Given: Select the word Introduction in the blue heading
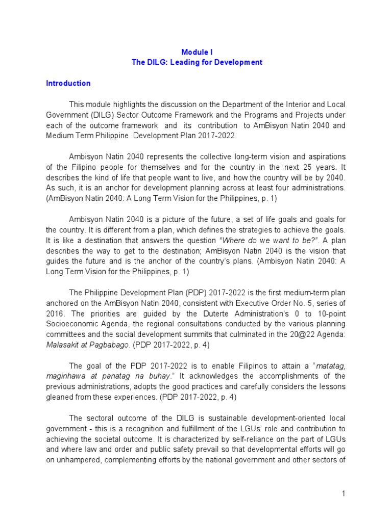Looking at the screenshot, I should click(x=68, y=83).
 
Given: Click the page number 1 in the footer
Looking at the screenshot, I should click(x=344, y=493).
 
